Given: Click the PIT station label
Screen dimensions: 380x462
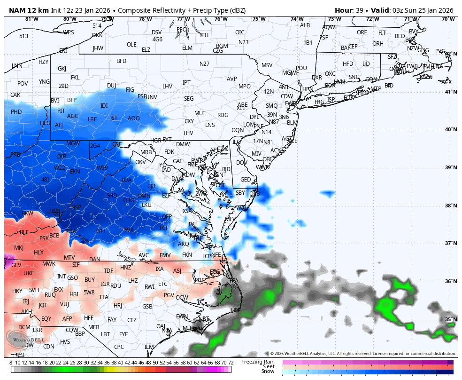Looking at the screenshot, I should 61,111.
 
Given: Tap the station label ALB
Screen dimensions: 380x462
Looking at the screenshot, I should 305,25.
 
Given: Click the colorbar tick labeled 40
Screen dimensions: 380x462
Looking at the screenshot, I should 121,363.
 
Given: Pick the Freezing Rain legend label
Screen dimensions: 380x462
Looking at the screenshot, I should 258,362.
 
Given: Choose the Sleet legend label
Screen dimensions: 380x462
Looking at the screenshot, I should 268,366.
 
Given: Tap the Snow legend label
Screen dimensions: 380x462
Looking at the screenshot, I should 268,372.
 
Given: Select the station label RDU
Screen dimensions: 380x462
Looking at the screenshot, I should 116,285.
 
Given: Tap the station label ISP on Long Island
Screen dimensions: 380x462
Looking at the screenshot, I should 331,99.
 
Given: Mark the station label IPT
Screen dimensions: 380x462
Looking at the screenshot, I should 186,83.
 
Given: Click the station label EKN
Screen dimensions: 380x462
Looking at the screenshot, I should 75,172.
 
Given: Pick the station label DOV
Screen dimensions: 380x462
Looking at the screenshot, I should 241,163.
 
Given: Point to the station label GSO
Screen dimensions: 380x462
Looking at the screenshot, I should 72,278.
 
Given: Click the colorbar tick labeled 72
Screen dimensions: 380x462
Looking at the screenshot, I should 231,363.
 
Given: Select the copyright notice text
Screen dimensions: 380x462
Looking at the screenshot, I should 362,354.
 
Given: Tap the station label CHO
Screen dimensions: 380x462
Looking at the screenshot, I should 128,200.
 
